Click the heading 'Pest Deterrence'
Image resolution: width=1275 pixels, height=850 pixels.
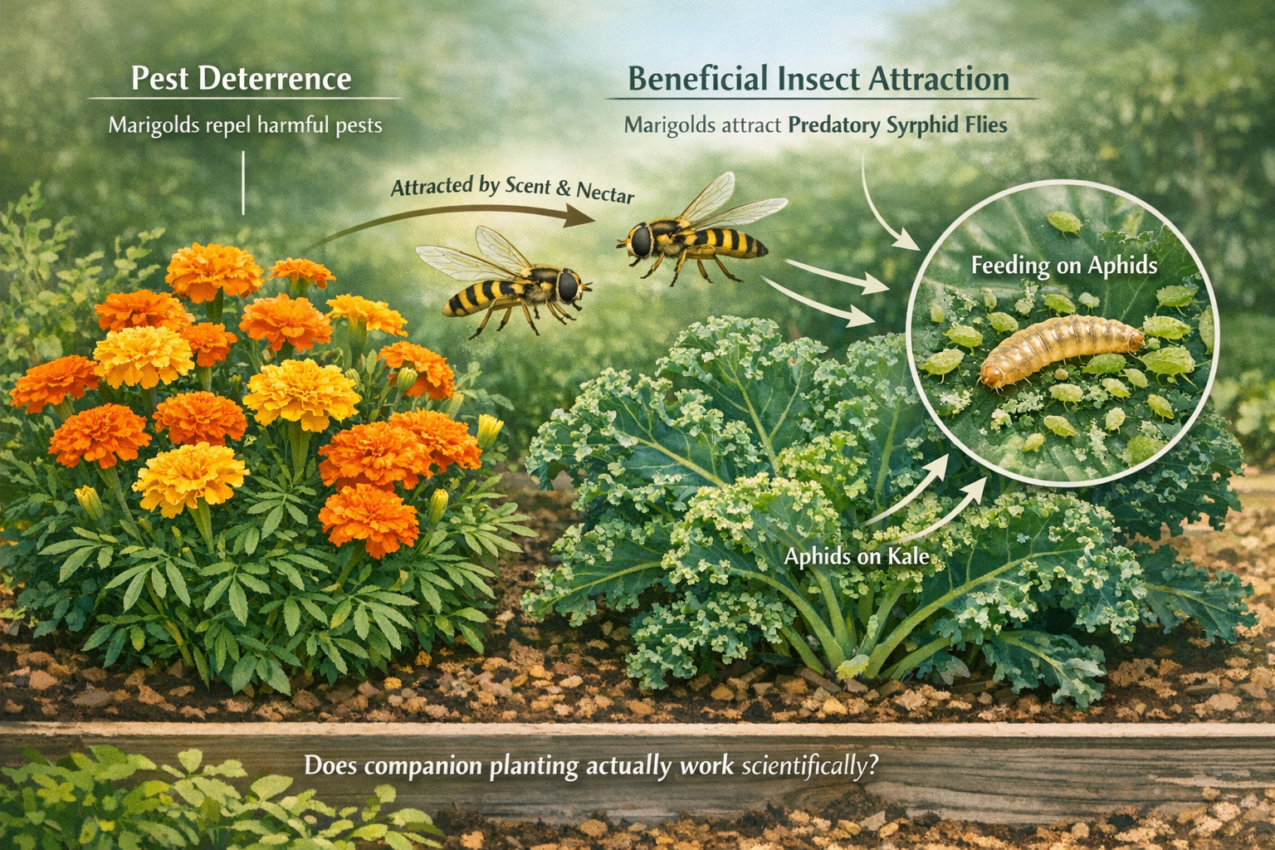coord(241,79)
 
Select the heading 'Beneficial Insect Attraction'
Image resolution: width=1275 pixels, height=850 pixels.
coord(818,79)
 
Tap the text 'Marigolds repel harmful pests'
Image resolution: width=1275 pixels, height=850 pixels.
coord(245,126)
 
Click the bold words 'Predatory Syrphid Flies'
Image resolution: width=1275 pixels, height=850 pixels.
coord(897,126)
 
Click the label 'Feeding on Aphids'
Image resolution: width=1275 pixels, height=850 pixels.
coord(1063,266)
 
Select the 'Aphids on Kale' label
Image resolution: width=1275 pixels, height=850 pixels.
coord(857,556)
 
